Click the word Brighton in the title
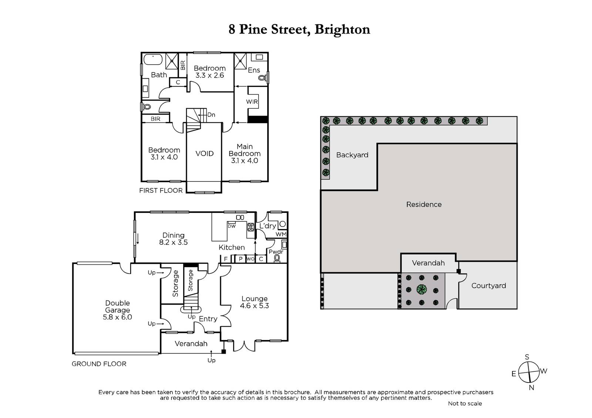[x=342, y=30]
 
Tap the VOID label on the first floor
[x=204, y=153]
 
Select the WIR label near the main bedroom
[x=252, y=102]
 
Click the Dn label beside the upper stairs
[x=211, y=115]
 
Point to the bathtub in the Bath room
[x=153, y=60]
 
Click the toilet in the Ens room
[x=262, y=78]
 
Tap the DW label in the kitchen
[x=232, y=226]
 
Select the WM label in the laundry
[x=281, y=234]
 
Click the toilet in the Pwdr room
[x=277, y=258]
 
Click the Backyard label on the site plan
[x=352, y=155]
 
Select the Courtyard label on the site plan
[x=489, y=286]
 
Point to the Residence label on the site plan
[x=424, y=204]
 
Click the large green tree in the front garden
[x=421, y=289]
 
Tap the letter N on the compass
[x=531, y=388]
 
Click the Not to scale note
[x=465, y=404]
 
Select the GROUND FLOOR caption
[x=99, y=364]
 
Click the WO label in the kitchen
[x=250, y=259]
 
